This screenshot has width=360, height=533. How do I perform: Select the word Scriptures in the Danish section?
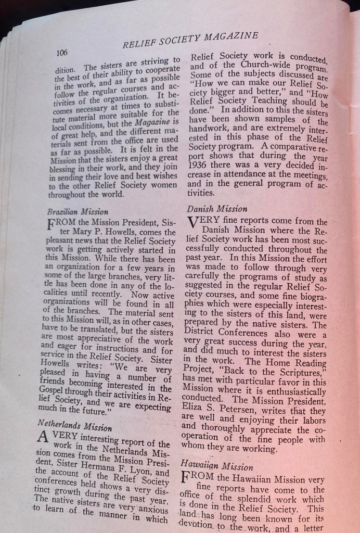point(299,361)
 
